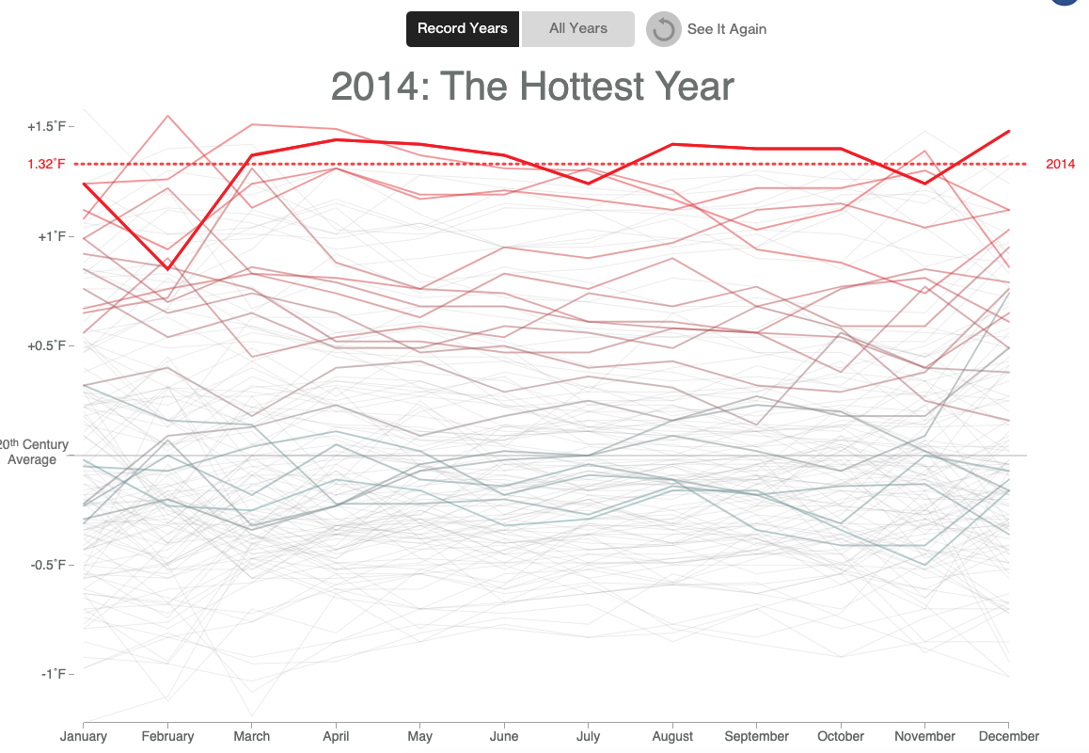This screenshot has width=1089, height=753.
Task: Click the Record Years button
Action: point(462,28)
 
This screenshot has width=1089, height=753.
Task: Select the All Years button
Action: point(578,28)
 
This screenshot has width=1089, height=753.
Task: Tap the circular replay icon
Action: point(663,29)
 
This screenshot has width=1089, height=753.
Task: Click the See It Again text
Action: point(726,29)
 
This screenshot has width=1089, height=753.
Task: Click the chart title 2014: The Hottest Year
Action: point(532,87)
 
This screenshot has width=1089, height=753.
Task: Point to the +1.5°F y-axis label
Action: point(46,126)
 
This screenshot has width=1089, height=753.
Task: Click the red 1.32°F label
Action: point(46,165)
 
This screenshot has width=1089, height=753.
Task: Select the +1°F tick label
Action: point(51,236)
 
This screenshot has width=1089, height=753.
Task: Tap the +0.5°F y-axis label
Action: point(46,345)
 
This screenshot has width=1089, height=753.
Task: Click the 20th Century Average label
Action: point(33,452)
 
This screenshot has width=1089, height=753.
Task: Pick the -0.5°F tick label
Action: point(48,565)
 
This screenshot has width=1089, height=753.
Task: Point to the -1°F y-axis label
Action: point(53,674)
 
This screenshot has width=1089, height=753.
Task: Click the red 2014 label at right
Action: point(1060,165)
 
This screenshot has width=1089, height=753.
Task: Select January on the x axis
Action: point(83,736)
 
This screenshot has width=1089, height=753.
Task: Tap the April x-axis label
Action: point(336,736)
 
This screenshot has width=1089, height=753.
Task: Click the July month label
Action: point(588,736)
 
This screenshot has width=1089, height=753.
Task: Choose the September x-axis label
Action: point(757,736)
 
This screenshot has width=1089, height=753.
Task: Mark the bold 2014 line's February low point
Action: point(168,269)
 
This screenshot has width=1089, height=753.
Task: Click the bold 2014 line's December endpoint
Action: point(1008,132)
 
